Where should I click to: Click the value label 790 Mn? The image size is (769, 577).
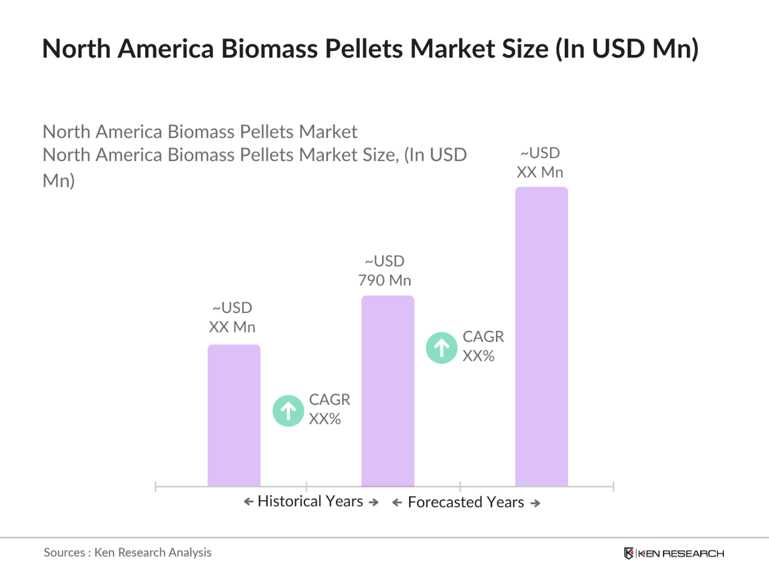click(x=385, y=280)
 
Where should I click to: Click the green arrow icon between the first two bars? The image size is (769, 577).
click(x=289, y=411)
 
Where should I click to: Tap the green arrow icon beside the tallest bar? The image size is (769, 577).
click(x=442, y=348)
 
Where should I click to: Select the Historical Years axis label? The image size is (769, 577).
click(x=310, y=501)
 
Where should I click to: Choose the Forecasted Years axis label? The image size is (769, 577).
click(x=465, y=502)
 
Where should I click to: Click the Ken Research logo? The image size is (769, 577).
click(x=674, y=553)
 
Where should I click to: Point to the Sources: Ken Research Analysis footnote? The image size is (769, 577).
click(x=127, y=552)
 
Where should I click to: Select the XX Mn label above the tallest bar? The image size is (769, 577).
click(x=540, y=172)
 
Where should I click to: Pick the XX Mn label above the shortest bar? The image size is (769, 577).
click(x=232, y=327)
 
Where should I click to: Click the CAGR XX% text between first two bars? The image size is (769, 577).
click(x=329, y=409)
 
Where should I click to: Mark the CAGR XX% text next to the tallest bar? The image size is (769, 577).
click(x=483, y=346)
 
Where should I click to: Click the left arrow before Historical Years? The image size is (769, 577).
click(x=248, y=502)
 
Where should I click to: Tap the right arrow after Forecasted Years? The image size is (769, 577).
click(x=535, y=503)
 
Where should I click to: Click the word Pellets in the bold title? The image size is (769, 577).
click(x=365, y=48)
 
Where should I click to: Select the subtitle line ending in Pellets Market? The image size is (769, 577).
click(x=200, y=132)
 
